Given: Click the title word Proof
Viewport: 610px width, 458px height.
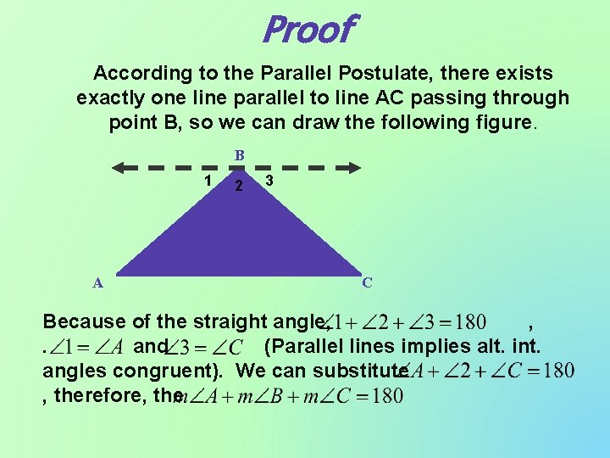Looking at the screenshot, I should coord(307,30).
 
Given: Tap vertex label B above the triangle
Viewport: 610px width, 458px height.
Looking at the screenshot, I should coord(240,155).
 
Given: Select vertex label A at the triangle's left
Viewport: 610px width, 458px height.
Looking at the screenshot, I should coord(98,283).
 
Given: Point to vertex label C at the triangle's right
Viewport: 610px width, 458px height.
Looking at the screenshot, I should coord(367,282).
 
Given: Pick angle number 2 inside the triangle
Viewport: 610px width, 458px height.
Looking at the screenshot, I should coord(239,186).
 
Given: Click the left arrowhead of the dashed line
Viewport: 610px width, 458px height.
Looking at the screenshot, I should coord(121,167).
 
